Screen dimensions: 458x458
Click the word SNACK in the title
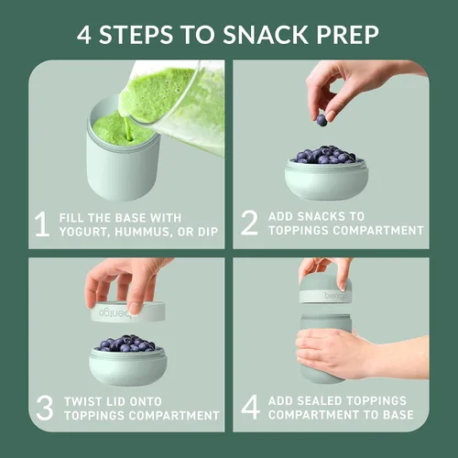pos(265,34)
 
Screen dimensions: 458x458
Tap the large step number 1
pos(42,224)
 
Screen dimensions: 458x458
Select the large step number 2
pos(249,223)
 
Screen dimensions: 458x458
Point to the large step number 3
pos(45,408)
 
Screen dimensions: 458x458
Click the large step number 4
pos(251,407)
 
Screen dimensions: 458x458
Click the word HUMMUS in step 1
pos(142,232)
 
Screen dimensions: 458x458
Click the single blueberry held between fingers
pos(322,120)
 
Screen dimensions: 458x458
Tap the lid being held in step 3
pos(128,311)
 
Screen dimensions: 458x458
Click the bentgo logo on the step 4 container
pos(336,296)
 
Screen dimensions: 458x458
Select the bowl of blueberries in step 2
pos(326,172)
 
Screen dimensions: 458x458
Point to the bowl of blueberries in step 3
pos(128,360)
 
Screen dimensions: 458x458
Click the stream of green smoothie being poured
pos(128,127)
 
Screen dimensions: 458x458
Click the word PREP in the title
pos(347,34)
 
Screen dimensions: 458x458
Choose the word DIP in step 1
pos(208,232)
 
